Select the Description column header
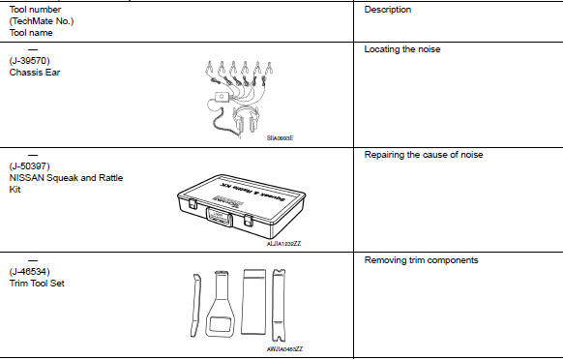388,10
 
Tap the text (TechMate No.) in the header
41,21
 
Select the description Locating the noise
405,48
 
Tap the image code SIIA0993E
281,137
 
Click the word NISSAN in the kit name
28,178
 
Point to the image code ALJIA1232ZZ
282,243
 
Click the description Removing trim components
417,260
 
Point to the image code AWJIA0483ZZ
284,348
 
